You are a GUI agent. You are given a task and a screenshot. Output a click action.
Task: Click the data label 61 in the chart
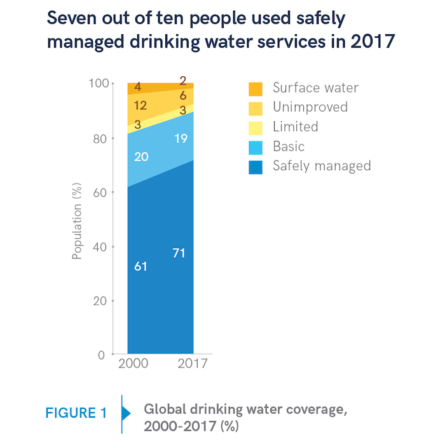point(140,267)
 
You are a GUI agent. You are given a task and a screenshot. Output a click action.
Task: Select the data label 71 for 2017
point(180,253)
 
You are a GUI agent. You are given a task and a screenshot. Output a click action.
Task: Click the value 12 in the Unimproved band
point(140,106)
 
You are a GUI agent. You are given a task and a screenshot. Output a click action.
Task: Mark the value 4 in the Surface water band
point(137,87)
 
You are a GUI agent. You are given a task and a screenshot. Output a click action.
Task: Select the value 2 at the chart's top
point(183,81)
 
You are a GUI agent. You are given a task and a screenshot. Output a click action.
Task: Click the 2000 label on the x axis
point(134,364)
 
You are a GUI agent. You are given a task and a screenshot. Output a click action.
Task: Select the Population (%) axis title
point(78,219)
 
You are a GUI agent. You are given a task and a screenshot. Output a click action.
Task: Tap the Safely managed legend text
point(322,166)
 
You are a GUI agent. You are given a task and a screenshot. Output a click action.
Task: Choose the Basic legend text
point(289,147)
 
